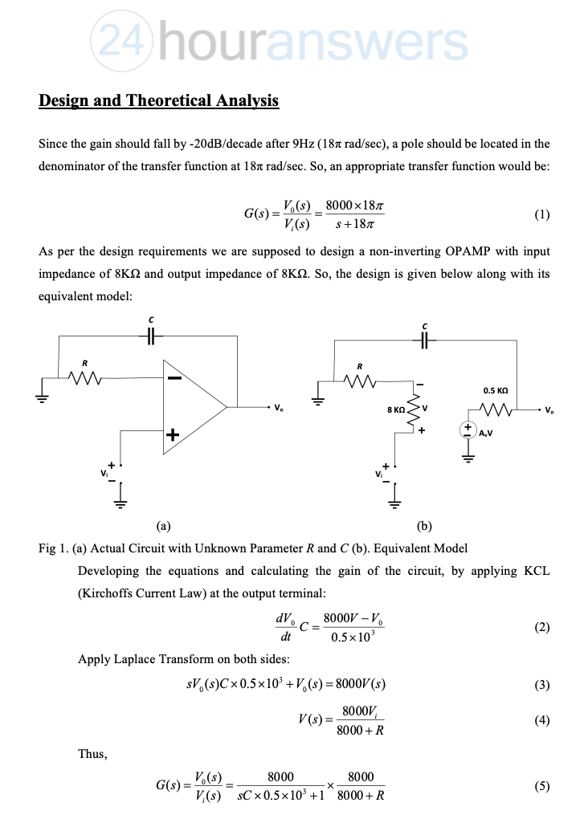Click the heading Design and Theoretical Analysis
[x=158, y=101]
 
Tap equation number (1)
[x=542, y=214]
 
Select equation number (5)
[x=542, y=787]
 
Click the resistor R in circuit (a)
[x=85, y=377]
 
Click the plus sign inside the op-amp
[x=173, y=435]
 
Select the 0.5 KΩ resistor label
[x=495, y=391]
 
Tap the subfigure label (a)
[x=162, y=527]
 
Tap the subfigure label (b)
[x=425, y=527]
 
